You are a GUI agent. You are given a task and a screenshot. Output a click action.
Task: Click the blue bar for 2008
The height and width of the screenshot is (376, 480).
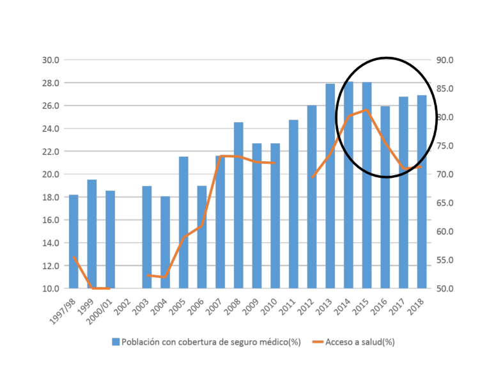[x=238, y=205]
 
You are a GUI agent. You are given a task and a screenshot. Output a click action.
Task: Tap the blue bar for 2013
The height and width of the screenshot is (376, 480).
[x=330, y=185]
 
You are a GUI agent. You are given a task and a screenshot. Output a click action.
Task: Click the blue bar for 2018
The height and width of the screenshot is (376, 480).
[x=422, y=191]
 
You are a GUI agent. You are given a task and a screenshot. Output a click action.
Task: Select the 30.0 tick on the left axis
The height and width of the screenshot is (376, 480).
[x=50, y=60]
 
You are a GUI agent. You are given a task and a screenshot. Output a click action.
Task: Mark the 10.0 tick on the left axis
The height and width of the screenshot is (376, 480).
[x=50, y=288]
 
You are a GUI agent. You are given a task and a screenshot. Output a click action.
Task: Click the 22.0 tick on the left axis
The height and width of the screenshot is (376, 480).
[x=50, y=152]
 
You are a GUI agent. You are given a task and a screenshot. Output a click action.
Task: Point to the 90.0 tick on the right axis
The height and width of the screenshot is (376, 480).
[x=445, y=60]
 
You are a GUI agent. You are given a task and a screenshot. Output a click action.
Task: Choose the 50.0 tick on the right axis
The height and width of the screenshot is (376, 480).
[x=445, y=288]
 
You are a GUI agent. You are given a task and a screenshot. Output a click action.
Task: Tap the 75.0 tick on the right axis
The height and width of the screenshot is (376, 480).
[x=445, y=146]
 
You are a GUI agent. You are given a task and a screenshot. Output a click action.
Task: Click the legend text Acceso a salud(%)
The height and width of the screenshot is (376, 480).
[x=360, y=341]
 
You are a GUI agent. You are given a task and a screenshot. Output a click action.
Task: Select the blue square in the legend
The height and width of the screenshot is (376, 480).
[x=116, y=341]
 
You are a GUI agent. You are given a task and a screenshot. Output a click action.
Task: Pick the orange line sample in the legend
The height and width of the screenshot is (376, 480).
[x=313, y=341]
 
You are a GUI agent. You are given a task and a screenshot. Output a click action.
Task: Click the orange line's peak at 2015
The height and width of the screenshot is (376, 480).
[x=367, y=110]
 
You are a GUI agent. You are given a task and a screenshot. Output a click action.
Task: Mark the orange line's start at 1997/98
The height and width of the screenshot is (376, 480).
[x=74, y=257]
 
